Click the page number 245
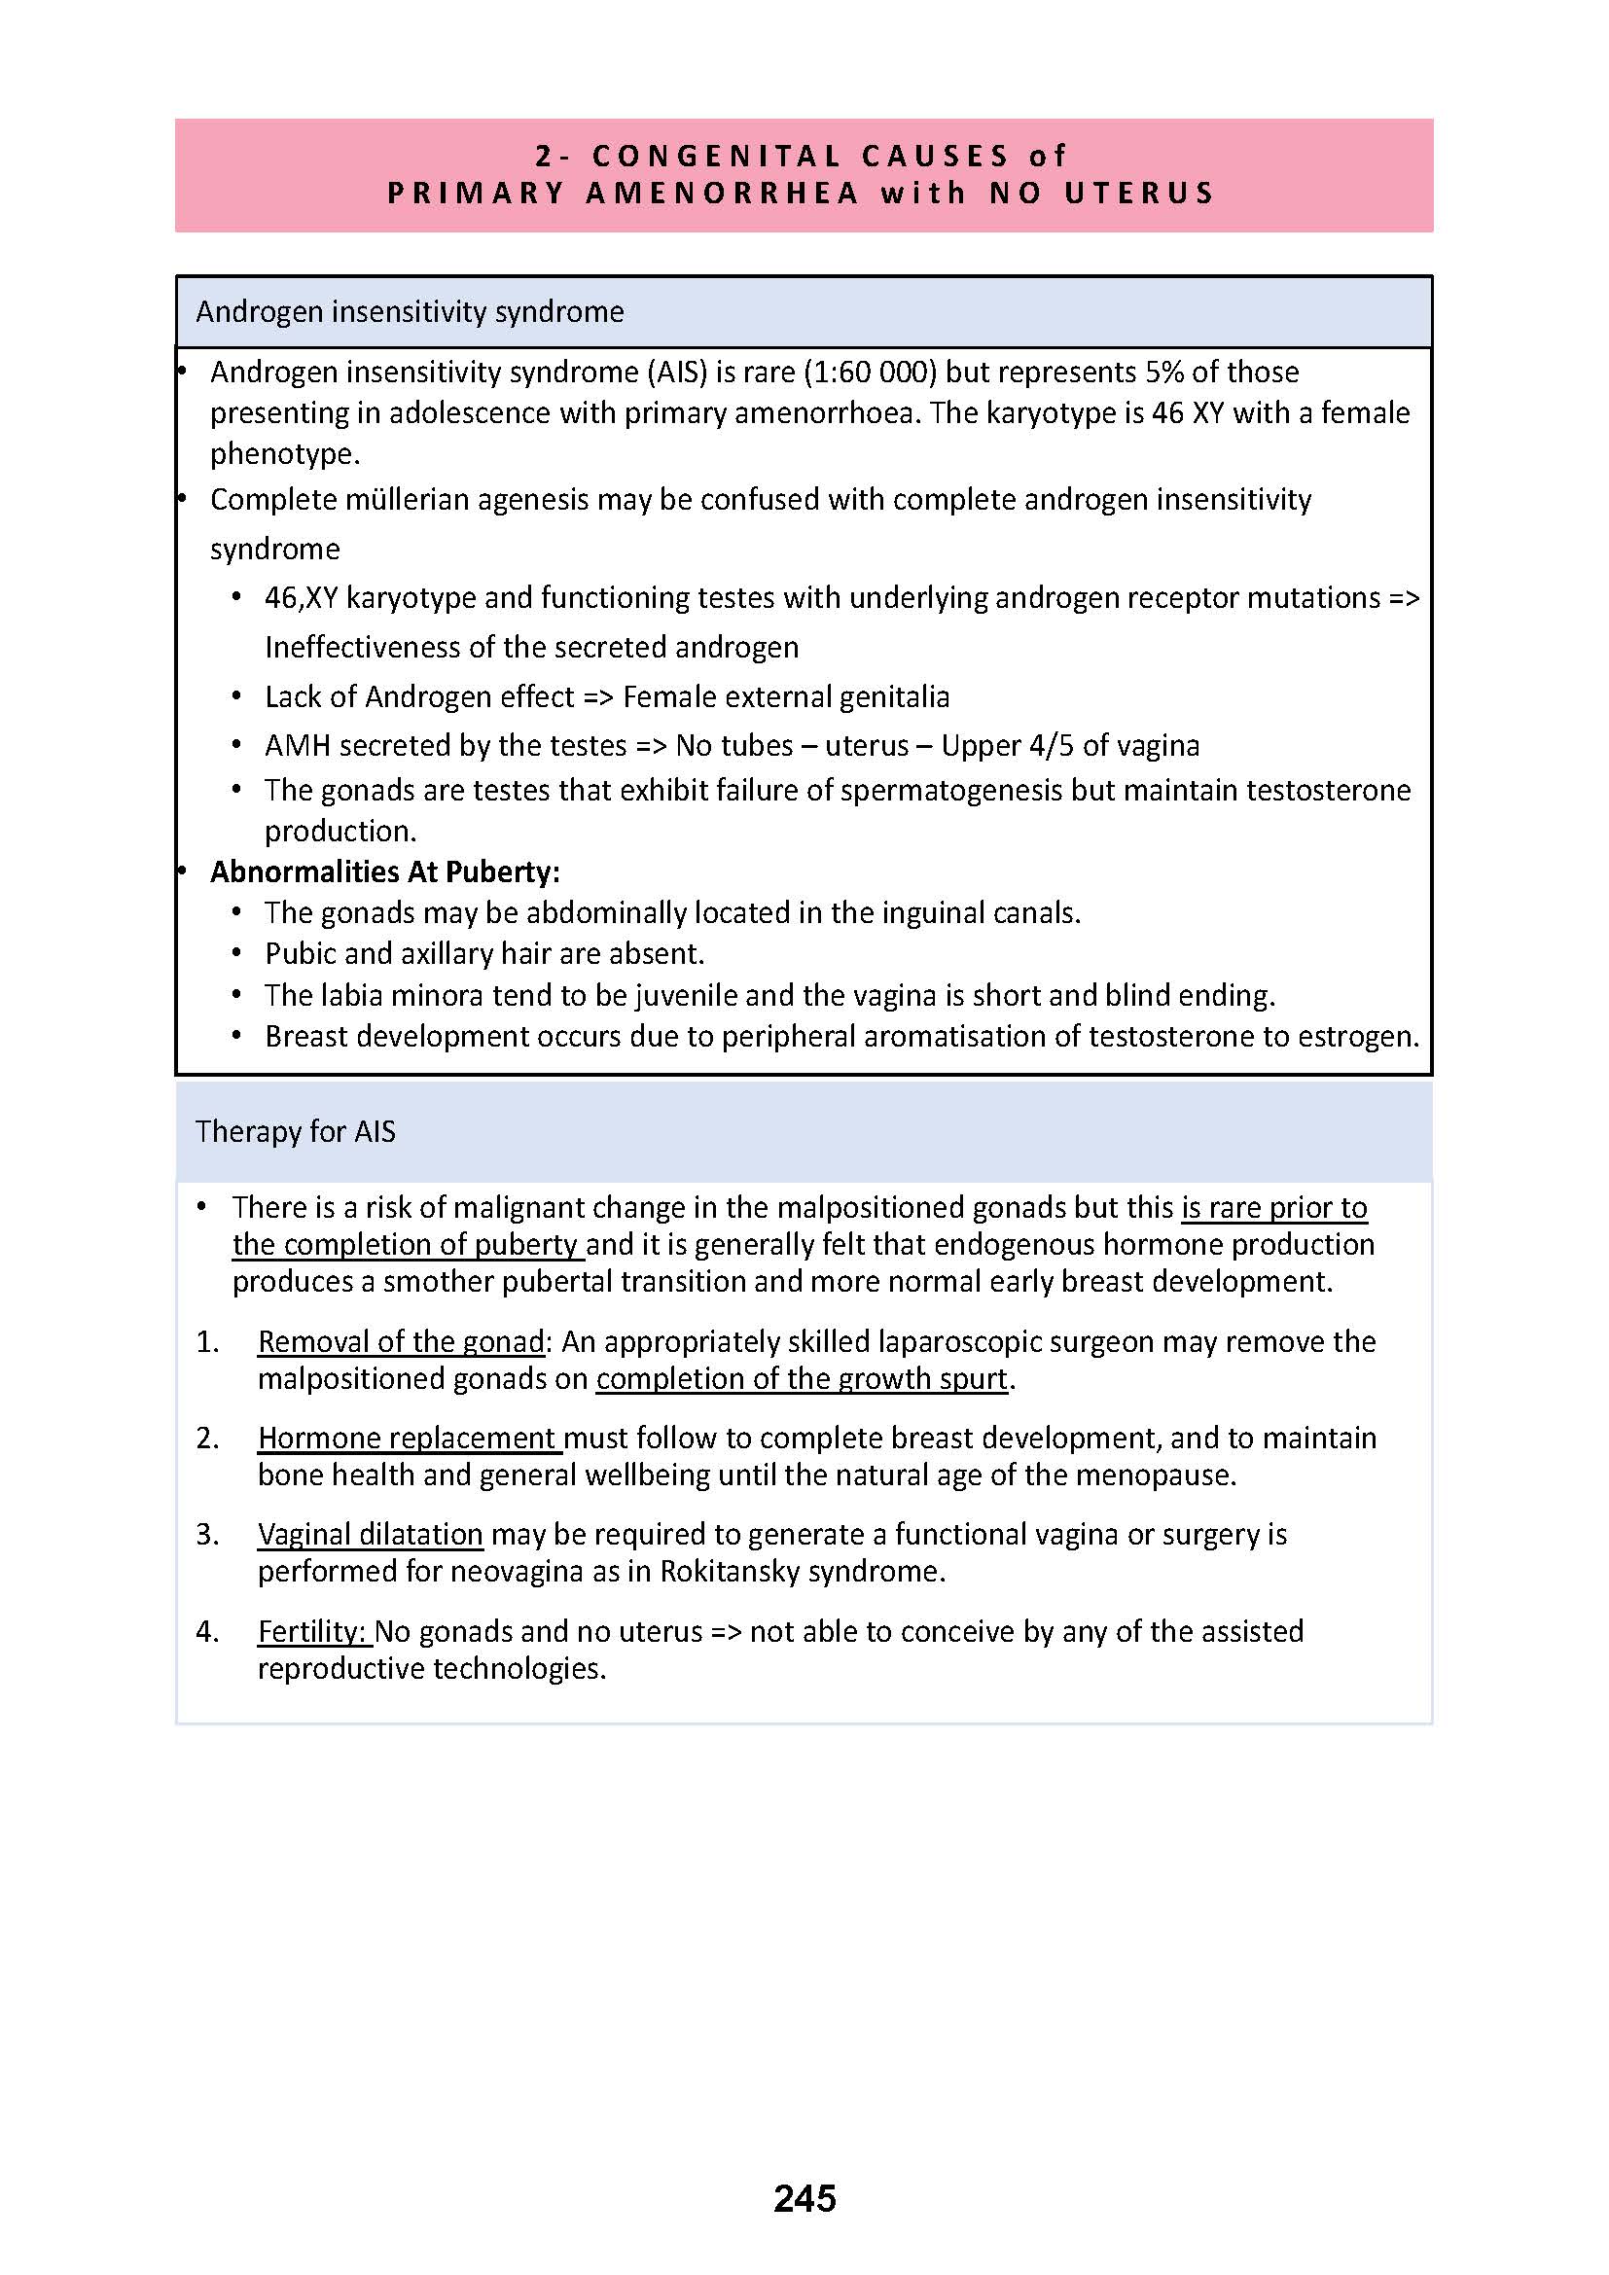(804, 2198)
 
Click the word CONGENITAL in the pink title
(716, 156)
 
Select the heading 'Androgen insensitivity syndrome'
(410, 312)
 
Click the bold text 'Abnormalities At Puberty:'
(384, 871)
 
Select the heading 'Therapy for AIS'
(296, 1131)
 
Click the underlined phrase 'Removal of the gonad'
(401, 1341)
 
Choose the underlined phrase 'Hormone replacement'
(410, 1438)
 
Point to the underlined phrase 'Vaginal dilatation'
(370, 1534)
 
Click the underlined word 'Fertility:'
(314, 1631)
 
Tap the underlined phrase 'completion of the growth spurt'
(801, 1378)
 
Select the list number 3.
(206, 1535)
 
